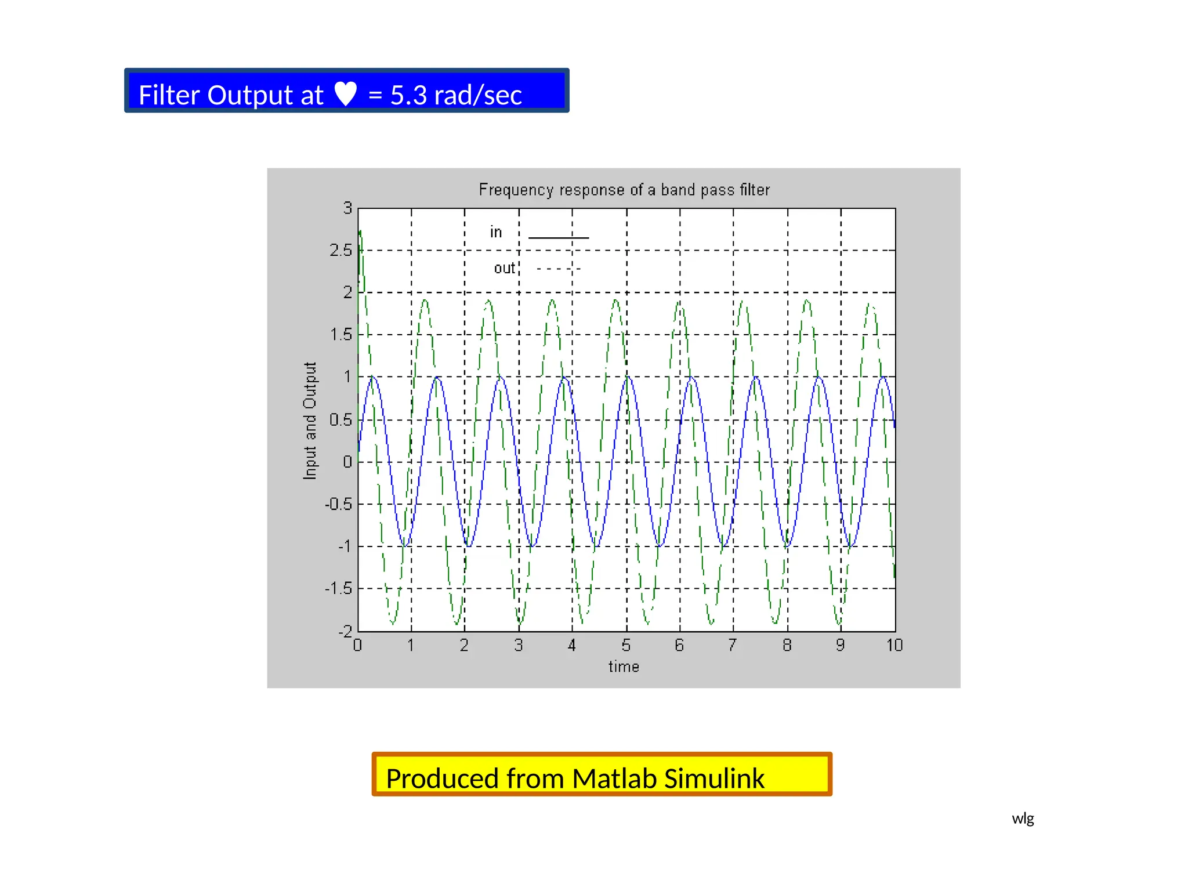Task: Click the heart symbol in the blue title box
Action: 346,94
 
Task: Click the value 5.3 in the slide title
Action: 408,95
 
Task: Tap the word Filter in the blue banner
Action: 169,95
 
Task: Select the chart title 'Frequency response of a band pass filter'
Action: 624,190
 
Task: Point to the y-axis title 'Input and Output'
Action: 310,421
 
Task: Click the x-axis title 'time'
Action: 624,667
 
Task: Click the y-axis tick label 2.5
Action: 341,251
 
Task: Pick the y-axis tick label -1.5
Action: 339,589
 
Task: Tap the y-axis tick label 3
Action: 347,208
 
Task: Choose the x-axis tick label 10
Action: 894,645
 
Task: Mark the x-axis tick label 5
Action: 626,645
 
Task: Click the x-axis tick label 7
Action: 733,645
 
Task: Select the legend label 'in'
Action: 495,232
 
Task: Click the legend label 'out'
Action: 504,268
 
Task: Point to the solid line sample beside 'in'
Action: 558,237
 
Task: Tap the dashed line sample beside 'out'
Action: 558,269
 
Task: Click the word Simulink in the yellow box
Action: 714,778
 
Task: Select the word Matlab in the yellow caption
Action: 614,778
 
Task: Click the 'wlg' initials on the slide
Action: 1023,818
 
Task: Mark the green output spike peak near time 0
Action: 360,232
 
